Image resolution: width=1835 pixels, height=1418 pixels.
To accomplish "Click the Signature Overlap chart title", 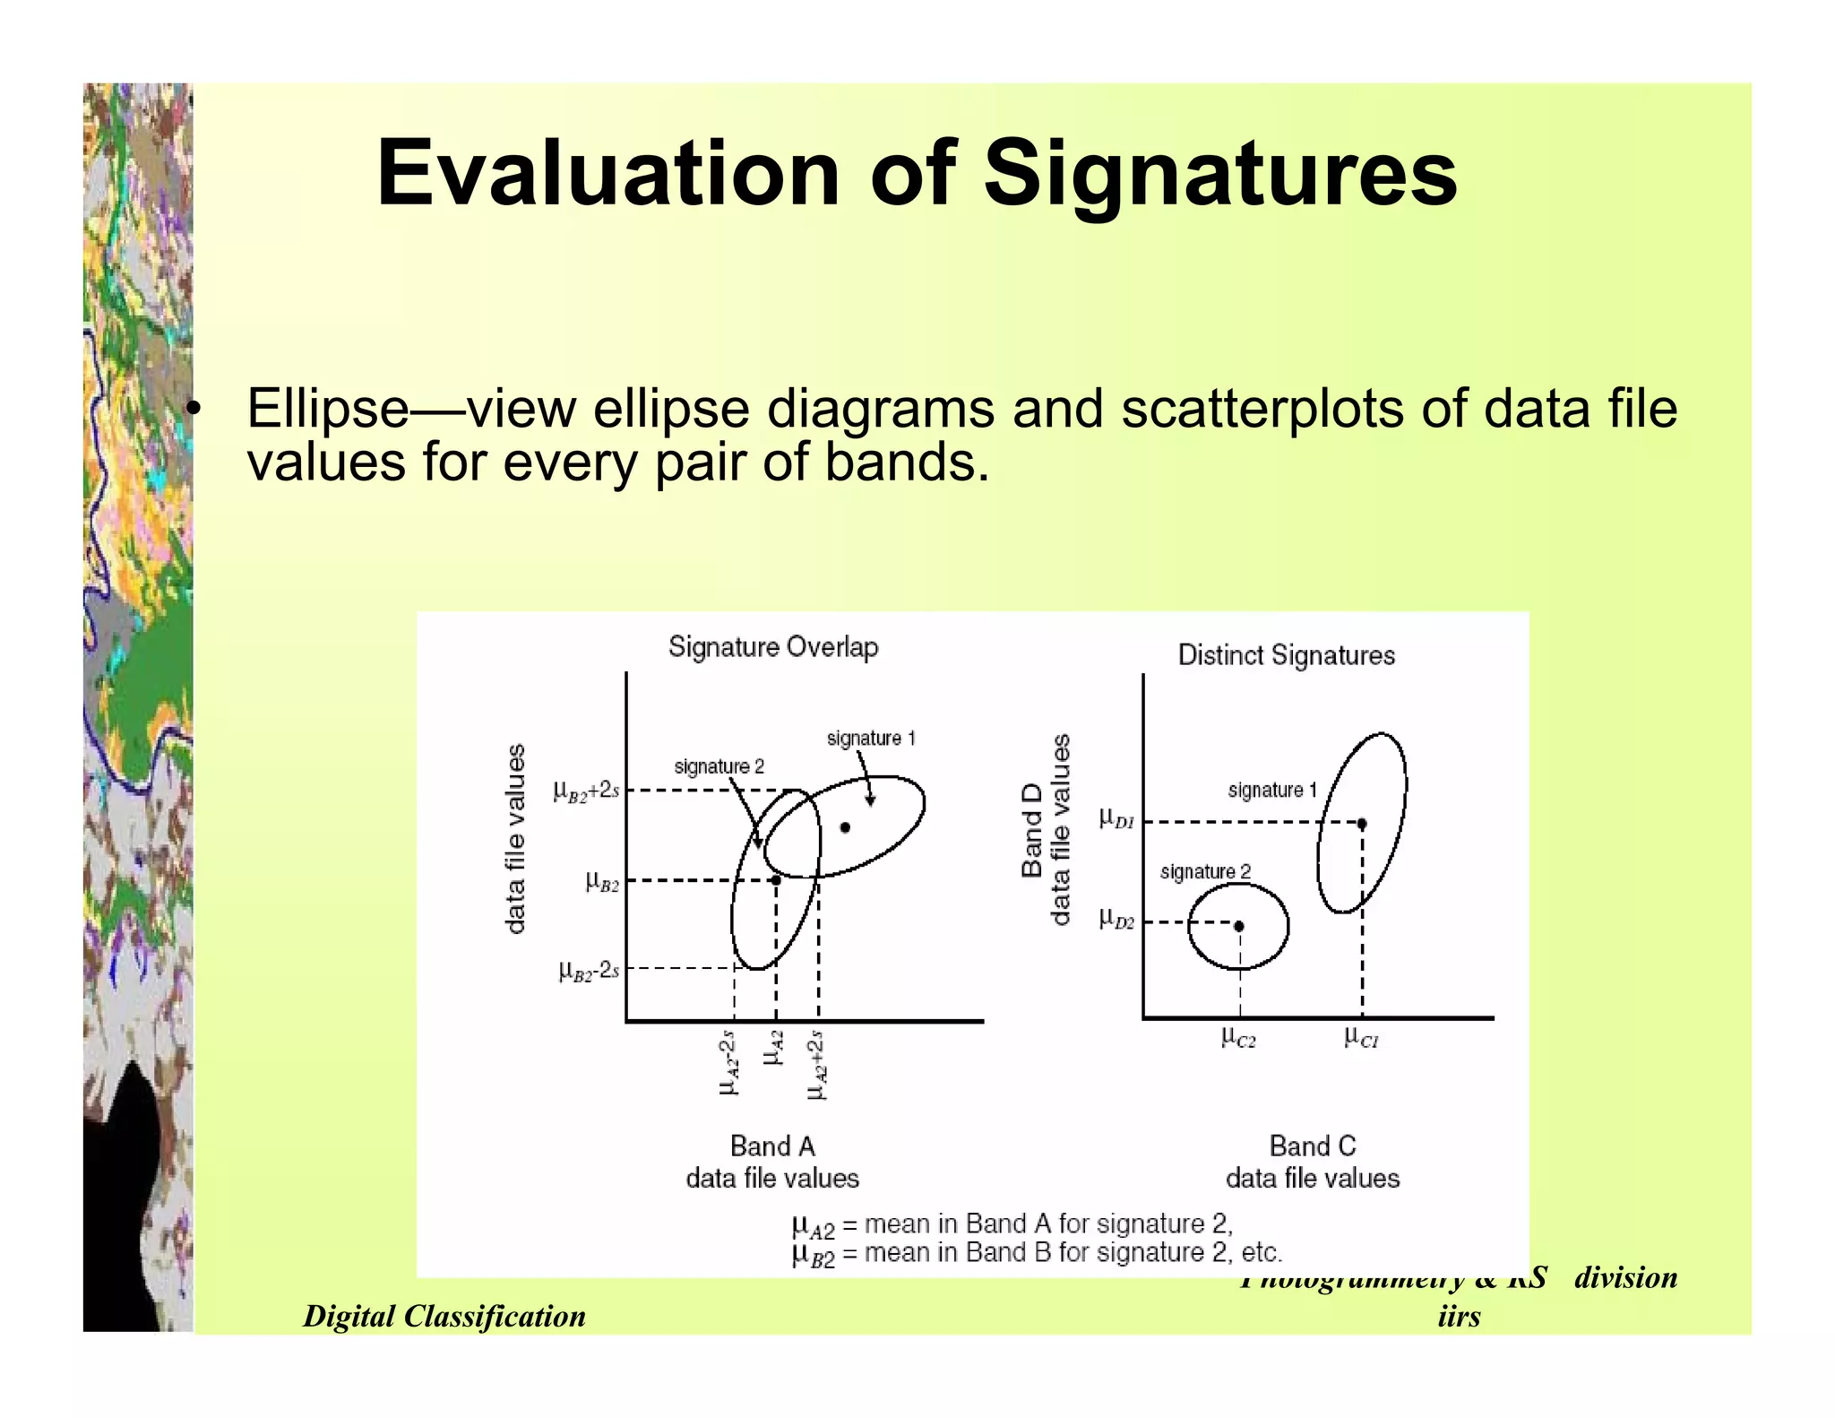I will [x=773, y=647].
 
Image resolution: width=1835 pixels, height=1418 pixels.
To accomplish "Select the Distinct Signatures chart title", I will [x=1286, y=655].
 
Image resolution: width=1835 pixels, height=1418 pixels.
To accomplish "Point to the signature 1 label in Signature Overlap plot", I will [x=871, y=739].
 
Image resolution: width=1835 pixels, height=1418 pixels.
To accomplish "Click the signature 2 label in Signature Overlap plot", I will [x=719, y=766].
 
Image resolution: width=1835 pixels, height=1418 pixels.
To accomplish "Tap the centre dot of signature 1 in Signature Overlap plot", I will [x=845, y=827].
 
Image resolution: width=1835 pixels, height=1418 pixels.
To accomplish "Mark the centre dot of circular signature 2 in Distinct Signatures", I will [x=1239, y=926].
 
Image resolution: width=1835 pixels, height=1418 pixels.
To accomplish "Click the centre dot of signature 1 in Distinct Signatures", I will [x=1362, y=823].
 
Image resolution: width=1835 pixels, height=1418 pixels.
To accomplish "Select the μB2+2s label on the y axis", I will [x=586, y=791].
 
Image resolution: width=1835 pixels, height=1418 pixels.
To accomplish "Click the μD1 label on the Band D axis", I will [x=1116, y=818].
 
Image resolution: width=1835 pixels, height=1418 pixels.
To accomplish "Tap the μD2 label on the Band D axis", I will [x=1116, y=919].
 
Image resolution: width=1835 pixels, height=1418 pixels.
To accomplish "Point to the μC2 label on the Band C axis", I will [x=1238, y=1038].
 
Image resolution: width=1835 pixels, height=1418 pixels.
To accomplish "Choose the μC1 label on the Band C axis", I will [x=1361, y=1038].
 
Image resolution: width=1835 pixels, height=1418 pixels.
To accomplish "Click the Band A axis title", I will [x=772, y=1146].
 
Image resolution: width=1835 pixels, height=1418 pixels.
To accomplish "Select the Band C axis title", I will [x=1313, y=1146].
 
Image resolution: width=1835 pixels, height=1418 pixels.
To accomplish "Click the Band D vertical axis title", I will [x=1032, y=829].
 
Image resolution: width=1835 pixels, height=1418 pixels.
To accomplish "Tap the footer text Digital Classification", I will [x=444, y=1316].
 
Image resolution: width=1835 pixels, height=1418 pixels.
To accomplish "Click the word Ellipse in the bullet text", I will [x=327, y=409].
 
